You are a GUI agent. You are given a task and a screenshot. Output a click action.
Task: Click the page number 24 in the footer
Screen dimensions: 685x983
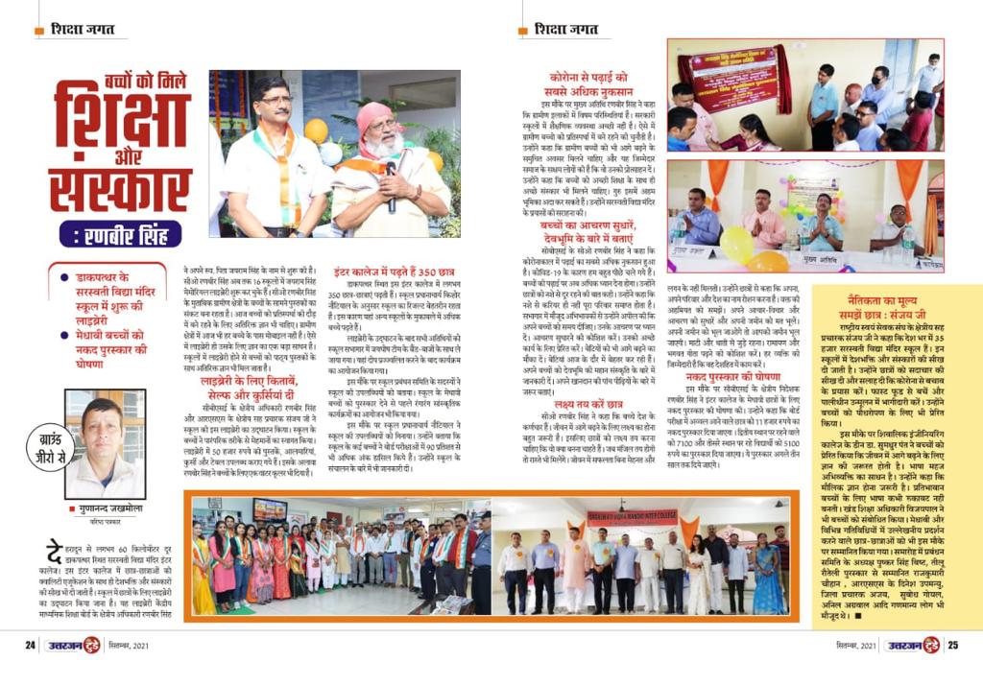pos(30,645)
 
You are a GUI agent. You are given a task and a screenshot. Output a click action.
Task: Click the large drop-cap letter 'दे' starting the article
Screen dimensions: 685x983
pos(54,554)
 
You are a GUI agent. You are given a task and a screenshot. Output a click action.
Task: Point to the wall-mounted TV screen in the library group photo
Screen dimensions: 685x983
pos(269,509)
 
